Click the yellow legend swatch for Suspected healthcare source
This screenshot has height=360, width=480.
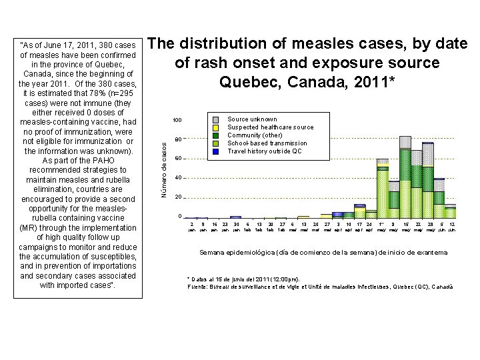click(215, 127)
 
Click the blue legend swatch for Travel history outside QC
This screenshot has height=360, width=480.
click(215, 151)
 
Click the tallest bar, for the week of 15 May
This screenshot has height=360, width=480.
click(405, 180)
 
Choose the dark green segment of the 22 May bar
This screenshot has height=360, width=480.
click(417, 176)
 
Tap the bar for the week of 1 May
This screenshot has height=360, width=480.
click(383, 190)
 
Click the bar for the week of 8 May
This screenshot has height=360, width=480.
click(394, 200)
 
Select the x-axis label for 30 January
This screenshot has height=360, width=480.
click(236, 227)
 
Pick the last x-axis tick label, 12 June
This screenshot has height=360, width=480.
click(452, 227)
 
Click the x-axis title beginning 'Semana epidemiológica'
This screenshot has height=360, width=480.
click(324, 253)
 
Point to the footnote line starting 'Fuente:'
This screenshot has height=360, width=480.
click(321, 287)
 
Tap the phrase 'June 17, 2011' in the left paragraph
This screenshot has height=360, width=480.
click(78, 45)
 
